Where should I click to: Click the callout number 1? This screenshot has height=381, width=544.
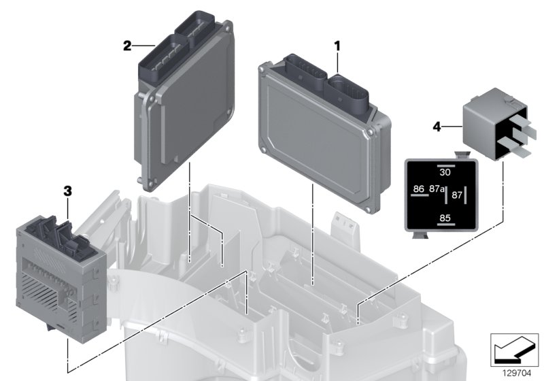pyautogui.click(x=337, y=46)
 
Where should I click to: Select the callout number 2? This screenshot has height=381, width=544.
pyautogui.click(x=128, y=46)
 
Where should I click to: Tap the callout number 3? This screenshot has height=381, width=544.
pyautogui.click(x=67, y=191)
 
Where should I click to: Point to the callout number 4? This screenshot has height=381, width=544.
pyautogui.click(x=437, y=127)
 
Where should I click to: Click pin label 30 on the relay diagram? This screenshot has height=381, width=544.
pyautogui.click(x=445, y=172)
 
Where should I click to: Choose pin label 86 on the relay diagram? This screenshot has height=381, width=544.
pyautogui.click(x=419, y=188)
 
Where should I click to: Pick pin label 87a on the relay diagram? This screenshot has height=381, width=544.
pyautogui.click(x=437, y=188)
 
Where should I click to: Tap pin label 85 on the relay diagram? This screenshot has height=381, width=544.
pyautogui.click(x=445, y=218)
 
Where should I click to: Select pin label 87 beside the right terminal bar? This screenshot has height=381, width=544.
pyautogui.click(x=457, y=195)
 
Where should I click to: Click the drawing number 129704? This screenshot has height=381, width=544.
pyautogui.click(x=517, y=374)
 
